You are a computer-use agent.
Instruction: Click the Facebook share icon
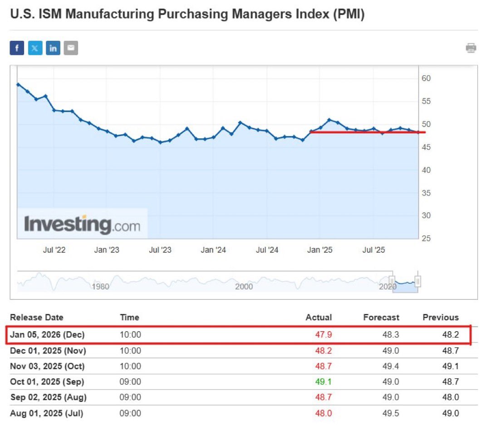click(x=17, y=48)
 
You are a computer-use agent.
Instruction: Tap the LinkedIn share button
click(x=53, y=48)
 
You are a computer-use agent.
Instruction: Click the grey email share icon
click(x=71, y=48)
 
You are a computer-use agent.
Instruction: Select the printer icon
click(x=471, y=48)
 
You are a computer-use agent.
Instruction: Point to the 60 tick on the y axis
click(x=427, y=78)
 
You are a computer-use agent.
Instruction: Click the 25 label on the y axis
click(x=427, y=239)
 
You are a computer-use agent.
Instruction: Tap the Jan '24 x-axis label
click(x=213, y=250)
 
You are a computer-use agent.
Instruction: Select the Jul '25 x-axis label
click(x=374, y=250)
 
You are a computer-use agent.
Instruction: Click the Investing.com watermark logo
click(x=82, y=224)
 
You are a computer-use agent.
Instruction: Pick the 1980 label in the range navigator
click(x=100, y=287)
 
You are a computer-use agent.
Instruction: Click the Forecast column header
click(x=381, y=318)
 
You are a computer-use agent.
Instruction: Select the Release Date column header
click(x=37, y=318)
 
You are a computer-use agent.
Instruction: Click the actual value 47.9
click(x=323, y=335)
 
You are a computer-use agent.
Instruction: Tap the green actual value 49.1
click(x=323, y=382)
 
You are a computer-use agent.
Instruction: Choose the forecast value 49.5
click(x=391, y=413)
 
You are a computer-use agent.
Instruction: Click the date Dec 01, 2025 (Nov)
click(x=48, y=351)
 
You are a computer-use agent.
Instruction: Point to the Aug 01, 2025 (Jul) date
click(x=46, y=413)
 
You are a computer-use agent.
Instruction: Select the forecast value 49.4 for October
click(x=391, y=367)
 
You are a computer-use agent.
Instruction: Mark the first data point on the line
click(x=18, y=84)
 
